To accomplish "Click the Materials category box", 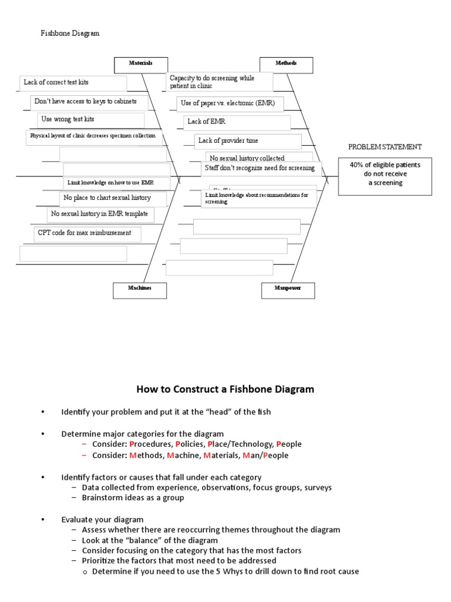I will tap(140, 64).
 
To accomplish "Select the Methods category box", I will tap(286, 64).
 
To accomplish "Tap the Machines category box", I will tap(140, 289).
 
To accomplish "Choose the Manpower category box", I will tap(288, 289).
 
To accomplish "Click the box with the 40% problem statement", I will tap(385, 173).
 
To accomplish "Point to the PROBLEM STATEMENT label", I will tap(385, 147).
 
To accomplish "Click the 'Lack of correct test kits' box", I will tap(73, 83).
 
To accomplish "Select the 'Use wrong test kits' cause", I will tap(91, 119).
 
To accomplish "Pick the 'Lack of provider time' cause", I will tap(248, 141).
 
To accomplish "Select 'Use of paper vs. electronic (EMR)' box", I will tap(230, 103).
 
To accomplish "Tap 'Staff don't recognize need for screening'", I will tap(260, 169).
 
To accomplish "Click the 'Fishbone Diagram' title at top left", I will tap(70, 34).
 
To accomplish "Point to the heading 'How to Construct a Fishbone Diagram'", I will tap(225, 389).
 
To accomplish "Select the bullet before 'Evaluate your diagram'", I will tap(43, 520).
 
